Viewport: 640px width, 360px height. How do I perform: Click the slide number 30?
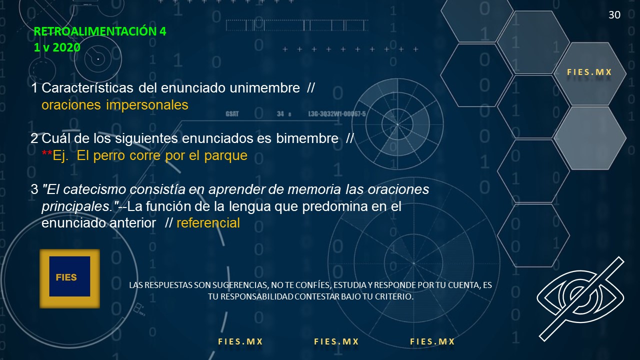[614, 15]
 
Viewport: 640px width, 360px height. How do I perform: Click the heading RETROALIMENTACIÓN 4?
[100, 31]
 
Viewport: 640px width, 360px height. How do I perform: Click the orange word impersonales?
[147, 105]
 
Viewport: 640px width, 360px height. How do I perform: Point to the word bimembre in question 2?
[307, 138]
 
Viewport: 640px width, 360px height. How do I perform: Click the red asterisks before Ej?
[47, 153]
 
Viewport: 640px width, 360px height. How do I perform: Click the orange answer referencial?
[208, 223]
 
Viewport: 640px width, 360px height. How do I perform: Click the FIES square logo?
[69, 278]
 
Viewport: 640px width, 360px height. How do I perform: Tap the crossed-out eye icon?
[580, 298]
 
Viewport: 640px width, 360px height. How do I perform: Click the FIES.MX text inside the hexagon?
[589, 72]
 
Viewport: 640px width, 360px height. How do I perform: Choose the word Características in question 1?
[87, 88]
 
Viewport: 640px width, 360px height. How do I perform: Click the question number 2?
[34, 138]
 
